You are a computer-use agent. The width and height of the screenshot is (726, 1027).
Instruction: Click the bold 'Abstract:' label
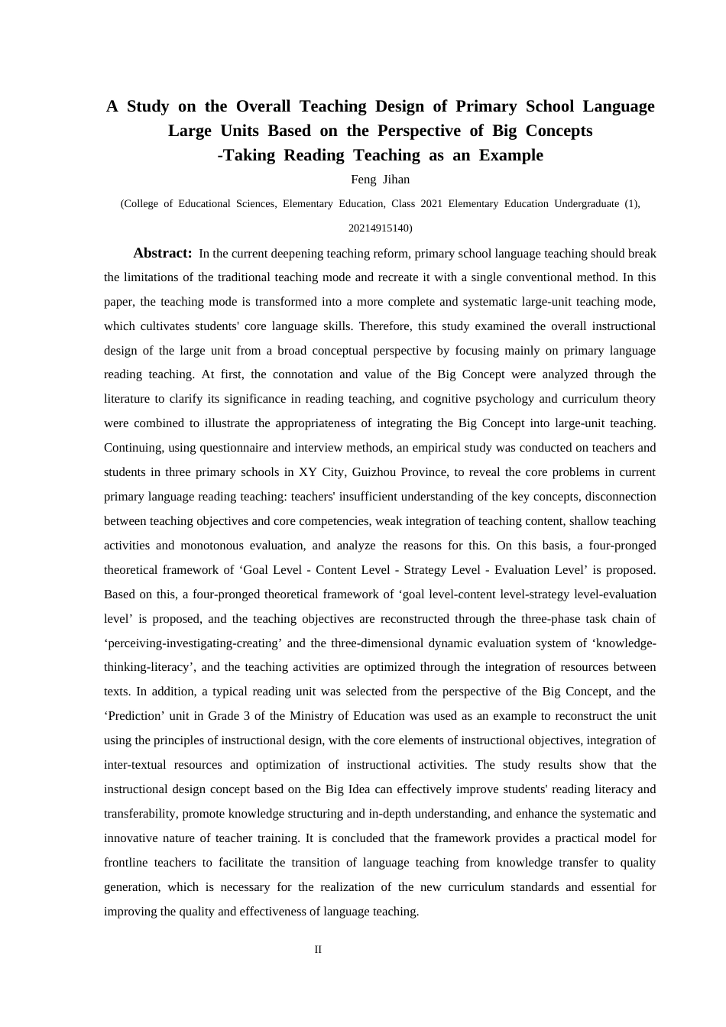click(162, 253)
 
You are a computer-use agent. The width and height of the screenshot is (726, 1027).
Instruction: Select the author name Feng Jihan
click(380, 180)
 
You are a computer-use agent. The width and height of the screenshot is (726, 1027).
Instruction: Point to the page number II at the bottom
click(318, 949)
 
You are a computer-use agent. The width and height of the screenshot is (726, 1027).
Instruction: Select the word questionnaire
click(235, 448)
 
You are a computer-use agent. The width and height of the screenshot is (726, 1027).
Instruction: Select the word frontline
click(125, 863)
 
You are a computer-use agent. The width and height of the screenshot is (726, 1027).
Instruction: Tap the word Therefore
click(386, 326)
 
